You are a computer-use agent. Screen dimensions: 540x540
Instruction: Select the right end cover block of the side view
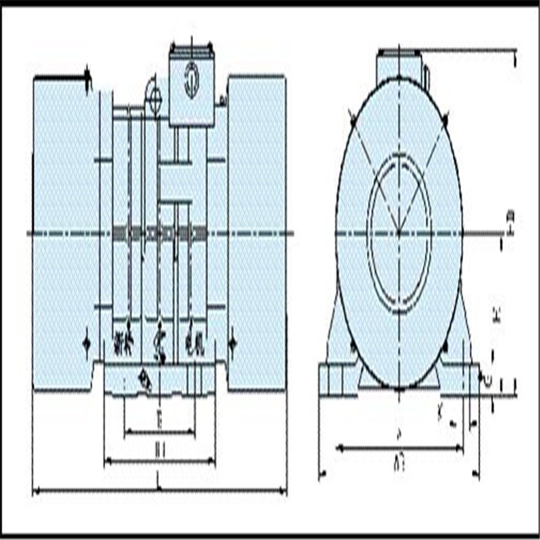point(256,233)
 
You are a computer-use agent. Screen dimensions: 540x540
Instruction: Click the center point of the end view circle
point(399,234)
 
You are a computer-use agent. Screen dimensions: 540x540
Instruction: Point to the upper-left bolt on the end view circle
point(353,121)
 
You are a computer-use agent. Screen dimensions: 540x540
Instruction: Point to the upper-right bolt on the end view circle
point(445,121)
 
